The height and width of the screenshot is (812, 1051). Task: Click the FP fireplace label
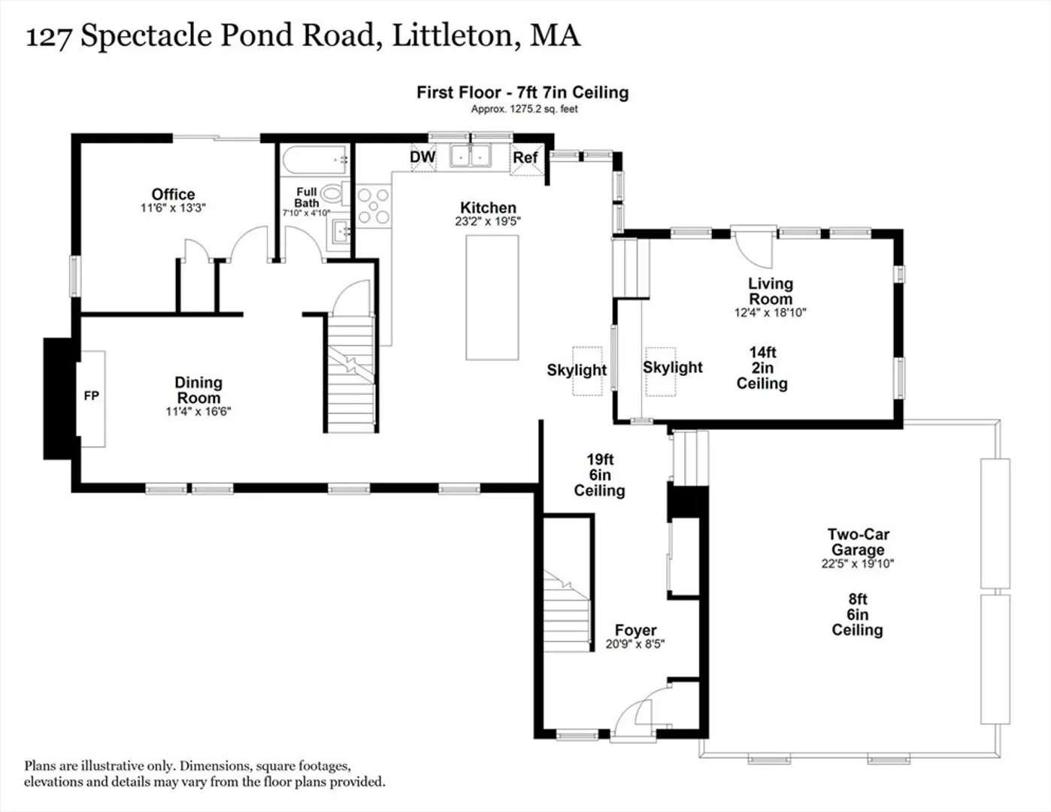point(92,396)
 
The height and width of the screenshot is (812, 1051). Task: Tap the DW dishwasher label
point(423,157)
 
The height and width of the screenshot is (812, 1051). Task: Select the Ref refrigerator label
point(525,158)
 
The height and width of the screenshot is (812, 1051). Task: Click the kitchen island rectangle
point(492,298)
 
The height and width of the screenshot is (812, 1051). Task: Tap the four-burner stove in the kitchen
point(374,207)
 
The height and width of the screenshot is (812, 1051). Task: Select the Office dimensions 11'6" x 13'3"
point(173,208)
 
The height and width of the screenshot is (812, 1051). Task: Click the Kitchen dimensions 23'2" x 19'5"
point(488,222)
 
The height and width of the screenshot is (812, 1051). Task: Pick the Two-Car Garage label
point(858,541)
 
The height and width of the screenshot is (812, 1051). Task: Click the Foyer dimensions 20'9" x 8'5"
point(635,644)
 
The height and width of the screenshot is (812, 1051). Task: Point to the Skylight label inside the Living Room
point(672,368)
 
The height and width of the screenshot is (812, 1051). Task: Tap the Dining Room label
point(198,389)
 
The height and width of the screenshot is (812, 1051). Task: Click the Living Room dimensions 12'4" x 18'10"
point(771,313)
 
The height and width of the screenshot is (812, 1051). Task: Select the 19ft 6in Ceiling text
point(600,475)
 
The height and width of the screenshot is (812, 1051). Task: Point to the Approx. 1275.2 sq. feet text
point(525,109)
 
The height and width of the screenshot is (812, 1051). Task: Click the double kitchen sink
point(470,156)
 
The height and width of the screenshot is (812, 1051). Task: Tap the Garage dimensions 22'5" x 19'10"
point(858,563)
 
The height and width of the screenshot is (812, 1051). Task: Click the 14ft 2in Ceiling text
point(762,368)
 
